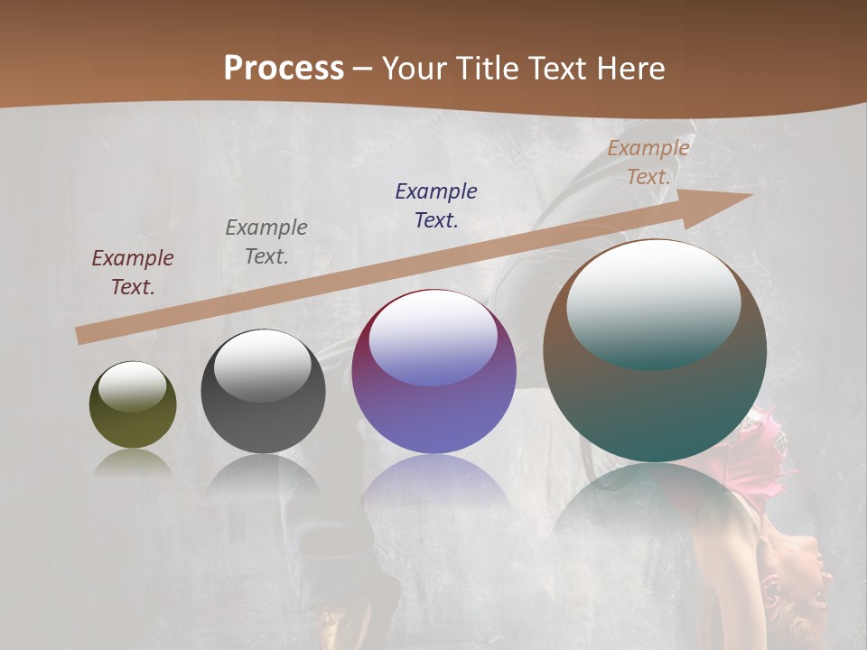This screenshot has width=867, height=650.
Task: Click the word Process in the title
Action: click(x=284, y=69)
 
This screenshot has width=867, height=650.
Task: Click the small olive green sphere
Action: click(x=133, y=420)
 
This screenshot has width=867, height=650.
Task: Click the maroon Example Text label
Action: click(x=133, y=273)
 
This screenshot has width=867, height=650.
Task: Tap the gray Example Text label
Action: click(x=266, y=242)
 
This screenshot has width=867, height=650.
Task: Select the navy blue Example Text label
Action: click(x=436, y=206)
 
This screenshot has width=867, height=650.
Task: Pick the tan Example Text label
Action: click(x=648, y=162)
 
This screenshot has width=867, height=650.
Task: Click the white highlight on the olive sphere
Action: click(x=133, y=385)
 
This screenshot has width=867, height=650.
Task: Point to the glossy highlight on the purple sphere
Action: click(x=433, y=339)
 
